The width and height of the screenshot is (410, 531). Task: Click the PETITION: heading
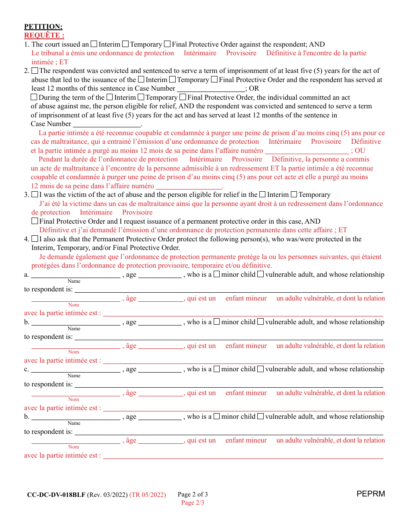point(43,27)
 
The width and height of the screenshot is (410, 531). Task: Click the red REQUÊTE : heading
point(44,35)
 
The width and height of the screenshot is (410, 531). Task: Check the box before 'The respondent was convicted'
point(35,71)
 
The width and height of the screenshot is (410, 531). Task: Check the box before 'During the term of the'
point(35,98)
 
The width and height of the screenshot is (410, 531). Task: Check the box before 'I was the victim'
point(35,195)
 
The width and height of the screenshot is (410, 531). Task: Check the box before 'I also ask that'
point(35,239)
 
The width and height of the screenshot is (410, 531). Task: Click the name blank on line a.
point(76,275)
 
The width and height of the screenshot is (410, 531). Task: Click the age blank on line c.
point(160,369)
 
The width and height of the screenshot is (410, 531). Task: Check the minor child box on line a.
point(217,274)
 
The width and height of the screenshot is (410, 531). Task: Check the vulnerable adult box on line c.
point(260,369)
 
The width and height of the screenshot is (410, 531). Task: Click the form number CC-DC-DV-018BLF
point(56,495)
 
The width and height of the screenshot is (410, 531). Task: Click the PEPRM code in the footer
point(371,494)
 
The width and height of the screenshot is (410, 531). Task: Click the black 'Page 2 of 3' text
point(192,494)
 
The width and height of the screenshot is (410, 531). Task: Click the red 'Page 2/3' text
point(192,503)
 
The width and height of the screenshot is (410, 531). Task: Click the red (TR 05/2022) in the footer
point(148,495)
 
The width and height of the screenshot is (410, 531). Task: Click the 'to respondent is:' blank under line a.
point(229,289)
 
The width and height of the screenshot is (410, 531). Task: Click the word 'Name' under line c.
point(74,376)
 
